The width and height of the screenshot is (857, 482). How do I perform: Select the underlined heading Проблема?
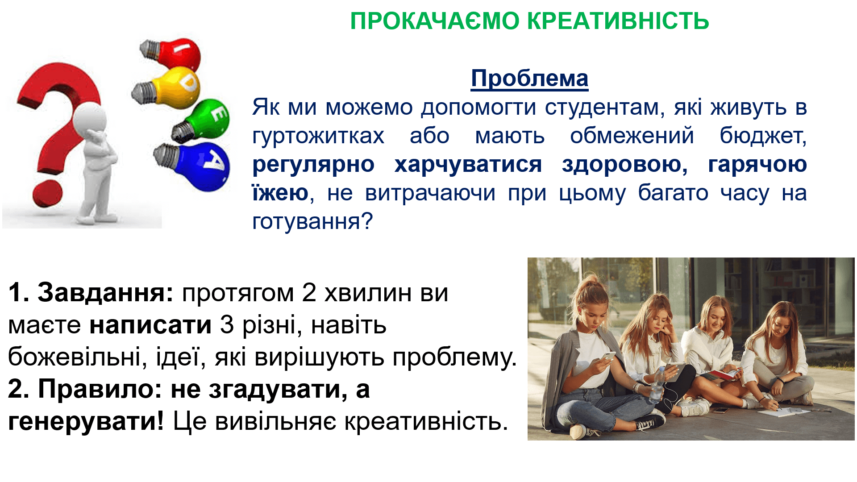(x=530, y=79)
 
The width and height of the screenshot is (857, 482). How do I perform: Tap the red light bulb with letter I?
(x=172, y=54)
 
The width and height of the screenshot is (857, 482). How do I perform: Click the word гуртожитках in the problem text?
(x=318, y=136)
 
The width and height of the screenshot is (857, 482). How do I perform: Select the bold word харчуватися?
(x=468, y=165)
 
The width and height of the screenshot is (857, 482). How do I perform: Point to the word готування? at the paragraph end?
(x=312, y=222)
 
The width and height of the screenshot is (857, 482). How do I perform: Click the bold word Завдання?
(x=105, y=293)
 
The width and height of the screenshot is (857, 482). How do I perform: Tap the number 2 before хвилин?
(x=309, y=293)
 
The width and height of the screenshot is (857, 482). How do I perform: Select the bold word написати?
(x=150, y=325)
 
